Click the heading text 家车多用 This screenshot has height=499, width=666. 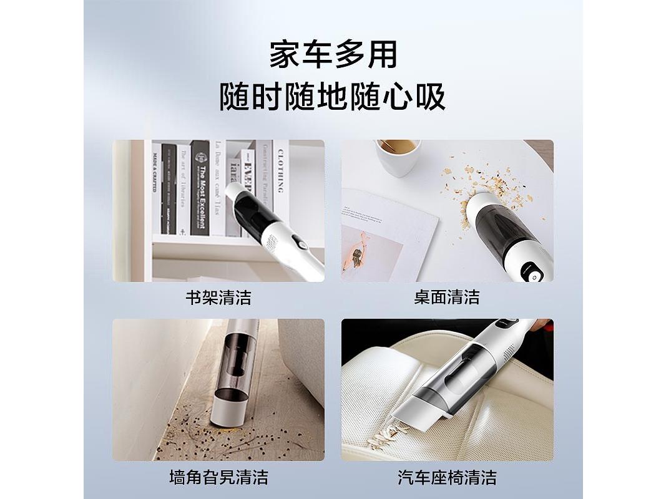333,55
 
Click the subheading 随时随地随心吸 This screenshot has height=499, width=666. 333,98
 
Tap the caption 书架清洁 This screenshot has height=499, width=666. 218,298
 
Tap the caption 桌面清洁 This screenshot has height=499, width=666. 447,298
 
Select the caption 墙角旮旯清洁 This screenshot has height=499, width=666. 218,478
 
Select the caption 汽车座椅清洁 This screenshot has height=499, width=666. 447,478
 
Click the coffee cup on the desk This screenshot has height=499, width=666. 398,156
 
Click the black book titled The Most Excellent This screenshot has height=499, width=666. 200,187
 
